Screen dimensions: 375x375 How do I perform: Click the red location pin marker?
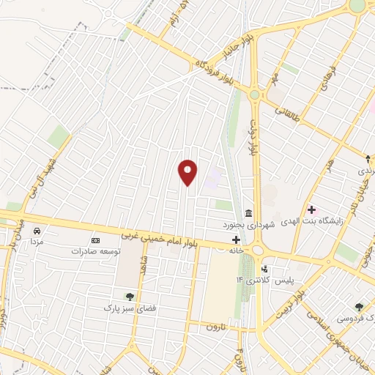coord(188,172)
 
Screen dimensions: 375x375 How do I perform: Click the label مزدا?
coord(36,240)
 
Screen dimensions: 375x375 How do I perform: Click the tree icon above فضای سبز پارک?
coord(130,296)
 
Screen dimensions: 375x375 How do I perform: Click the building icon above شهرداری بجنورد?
coord(248,213)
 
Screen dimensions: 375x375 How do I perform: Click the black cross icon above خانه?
coord(236,240)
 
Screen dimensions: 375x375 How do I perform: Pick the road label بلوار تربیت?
coord(289,299)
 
